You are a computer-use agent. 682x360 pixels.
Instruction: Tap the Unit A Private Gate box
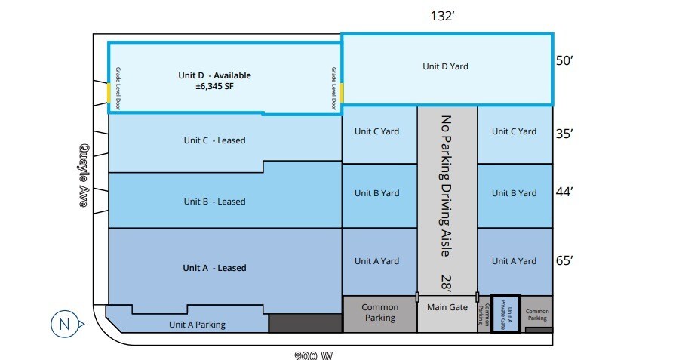[505, 314]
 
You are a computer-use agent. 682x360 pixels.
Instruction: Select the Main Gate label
[447, 307]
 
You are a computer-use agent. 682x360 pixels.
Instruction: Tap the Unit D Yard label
[445, 66]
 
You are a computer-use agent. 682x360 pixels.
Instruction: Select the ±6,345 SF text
[214, 87]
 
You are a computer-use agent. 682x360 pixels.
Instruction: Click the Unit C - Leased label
[214, 140]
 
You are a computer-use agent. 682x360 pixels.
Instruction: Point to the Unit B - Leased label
[214, 202]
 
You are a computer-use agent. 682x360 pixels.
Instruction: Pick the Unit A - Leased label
[214, 268]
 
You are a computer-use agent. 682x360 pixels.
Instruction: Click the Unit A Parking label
[196, 325]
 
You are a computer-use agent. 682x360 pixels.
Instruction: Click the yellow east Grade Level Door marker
[342, 93]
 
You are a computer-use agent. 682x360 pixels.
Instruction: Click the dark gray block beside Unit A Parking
[305, 323]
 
